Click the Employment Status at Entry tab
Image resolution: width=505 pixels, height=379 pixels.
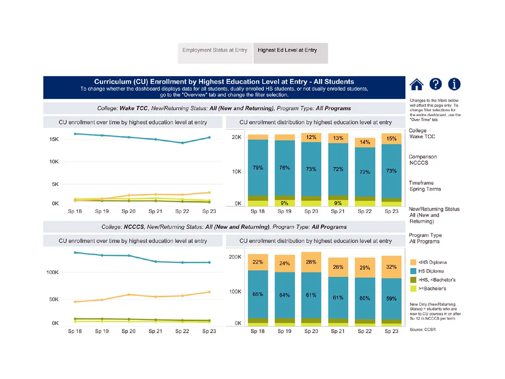click(215, 50)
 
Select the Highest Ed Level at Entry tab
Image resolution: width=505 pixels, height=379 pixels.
click(287, 50)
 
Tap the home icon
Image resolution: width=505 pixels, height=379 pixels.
click(416, 84)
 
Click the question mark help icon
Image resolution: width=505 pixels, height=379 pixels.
click(436, 84)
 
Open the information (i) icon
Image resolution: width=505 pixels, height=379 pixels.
click(454, 84)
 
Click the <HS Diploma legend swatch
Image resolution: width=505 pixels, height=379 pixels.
click(413, 262)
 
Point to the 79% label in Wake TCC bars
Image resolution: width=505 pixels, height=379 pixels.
click(258, 168)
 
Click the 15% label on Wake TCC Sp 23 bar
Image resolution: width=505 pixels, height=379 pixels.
click(391, 139)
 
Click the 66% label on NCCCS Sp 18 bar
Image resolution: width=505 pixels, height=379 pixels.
click(258, 294)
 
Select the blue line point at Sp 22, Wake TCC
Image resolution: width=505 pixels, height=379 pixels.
click(182, 143)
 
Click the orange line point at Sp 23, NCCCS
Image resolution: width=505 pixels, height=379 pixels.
click(209, 292)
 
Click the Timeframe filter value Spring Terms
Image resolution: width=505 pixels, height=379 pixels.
click(425, 189)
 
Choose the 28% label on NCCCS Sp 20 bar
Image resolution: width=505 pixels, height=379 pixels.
click(311, 262)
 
